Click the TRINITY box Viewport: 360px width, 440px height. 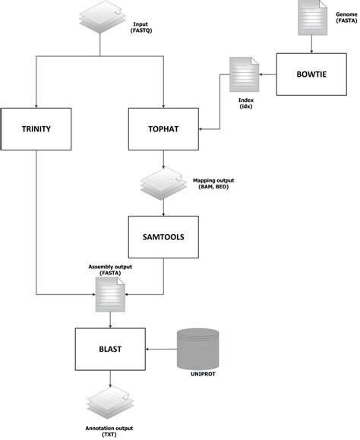[36, 129]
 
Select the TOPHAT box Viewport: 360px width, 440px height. [164, 129]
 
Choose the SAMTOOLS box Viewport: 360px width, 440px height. [164, 236]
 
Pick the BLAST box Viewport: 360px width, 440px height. [111, 350]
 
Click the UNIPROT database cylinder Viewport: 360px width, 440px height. [200, 347]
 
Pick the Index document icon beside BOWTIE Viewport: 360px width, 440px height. [246, 76]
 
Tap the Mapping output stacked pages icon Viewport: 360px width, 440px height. [161, 182]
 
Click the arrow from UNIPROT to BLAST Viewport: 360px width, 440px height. [161, 350]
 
